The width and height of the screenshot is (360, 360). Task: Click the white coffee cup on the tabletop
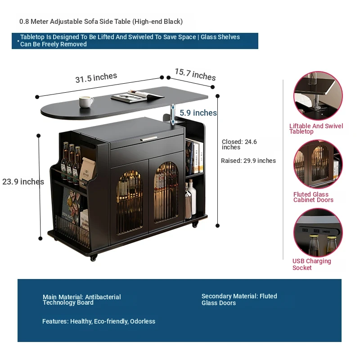86,101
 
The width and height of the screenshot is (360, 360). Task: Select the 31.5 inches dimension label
96,78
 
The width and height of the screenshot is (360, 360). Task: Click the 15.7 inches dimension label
195,74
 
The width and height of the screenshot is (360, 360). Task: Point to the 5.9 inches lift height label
198,113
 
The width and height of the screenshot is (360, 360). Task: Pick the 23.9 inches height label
23,182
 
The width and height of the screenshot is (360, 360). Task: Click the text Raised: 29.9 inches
248,161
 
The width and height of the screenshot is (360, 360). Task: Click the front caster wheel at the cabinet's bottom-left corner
94,258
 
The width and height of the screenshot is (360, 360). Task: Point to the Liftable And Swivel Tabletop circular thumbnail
318,96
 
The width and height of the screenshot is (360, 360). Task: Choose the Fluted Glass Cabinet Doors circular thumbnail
318,164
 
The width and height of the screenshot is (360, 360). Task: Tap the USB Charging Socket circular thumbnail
318,232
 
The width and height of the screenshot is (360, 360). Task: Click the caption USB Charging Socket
311,264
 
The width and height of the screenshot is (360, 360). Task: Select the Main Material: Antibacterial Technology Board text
81,300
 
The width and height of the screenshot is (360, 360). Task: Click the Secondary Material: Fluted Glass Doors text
239,299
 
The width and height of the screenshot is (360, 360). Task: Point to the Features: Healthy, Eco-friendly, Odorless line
99,321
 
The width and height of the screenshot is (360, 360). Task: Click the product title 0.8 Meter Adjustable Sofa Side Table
101,22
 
